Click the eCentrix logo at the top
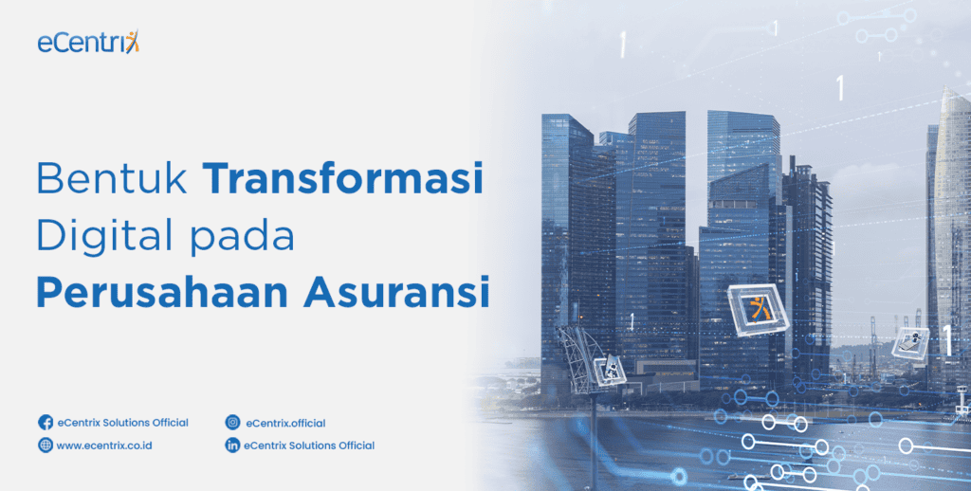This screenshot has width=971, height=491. [88, 43]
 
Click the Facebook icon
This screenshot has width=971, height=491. [45, 423]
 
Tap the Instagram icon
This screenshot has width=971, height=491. [232, 423]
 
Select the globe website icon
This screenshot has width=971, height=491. [45, 446]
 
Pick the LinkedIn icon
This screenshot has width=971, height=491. [232, 446]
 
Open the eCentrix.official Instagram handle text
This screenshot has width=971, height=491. [284, 423]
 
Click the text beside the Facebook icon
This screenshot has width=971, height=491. [122, 423]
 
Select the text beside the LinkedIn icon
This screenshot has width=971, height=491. [309, 446]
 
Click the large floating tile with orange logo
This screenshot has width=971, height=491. [759, 310]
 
